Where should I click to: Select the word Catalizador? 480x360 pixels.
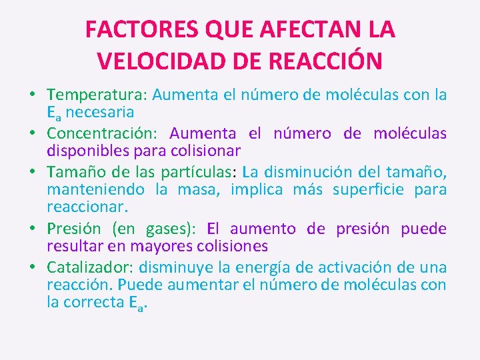(x=88, y=267)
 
